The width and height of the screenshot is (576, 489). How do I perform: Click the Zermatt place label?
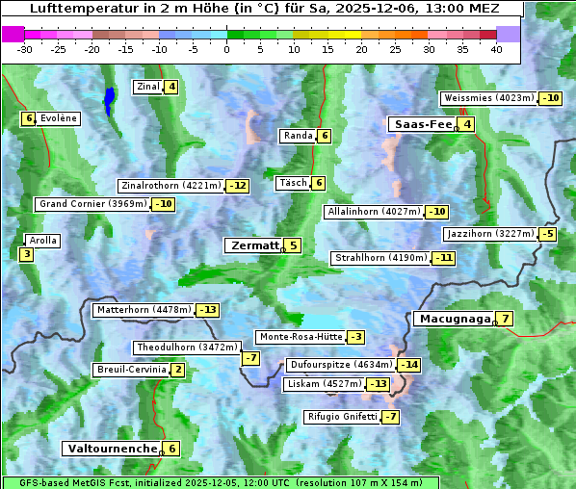253,245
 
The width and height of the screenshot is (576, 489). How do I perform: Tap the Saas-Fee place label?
421,124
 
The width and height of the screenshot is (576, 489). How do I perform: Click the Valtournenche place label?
111,449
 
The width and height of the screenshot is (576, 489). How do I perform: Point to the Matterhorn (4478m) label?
143,310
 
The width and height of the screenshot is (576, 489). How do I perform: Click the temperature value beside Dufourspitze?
410,366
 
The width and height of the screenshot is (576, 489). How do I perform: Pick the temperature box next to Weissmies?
550,98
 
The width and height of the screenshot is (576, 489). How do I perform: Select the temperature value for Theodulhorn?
250,358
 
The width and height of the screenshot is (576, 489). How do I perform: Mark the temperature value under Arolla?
26,254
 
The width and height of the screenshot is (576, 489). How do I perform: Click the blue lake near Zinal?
109,99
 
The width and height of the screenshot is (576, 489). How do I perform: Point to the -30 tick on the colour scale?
25,49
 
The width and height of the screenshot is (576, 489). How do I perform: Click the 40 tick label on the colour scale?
496,49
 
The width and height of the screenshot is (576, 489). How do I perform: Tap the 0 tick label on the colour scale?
227,49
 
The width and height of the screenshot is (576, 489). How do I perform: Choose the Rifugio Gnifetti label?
342,417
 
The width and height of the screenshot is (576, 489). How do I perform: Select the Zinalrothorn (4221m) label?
170,186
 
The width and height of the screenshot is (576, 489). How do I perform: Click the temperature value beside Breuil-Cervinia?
178,370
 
